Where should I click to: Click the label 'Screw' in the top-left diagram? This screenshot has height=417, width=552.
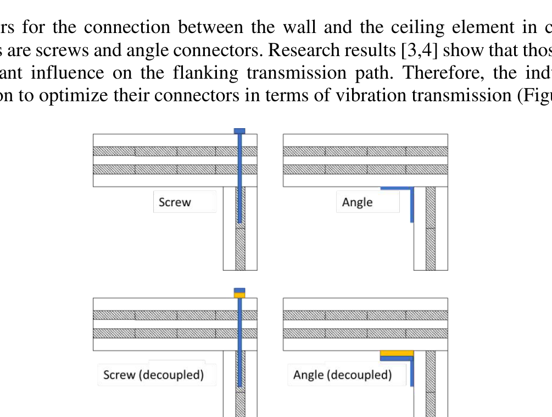tap(175, 202)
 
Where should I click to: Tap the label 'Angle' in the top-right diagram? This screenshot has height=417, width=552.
tap(357, 202)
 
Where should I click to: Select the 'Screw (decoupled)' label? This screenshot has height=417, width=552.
tap(153, 375)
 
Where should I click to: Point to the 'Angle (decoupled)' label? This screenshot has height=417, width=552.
tap(342, 375)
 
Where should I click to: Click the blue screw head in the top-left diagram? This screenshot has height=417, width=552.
tap(239, 131)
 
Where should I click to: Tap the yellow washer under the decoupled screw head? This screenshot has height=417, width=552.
tap(239, 295)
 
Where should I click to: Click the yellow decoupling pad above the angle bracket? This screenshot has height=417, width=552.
tap(396, 353)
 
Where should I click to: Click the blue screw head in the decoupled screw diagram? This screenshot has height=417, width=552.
tap(239, 290)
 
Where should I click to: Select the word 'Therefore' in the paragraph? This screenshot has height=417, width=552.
tap(420, 73)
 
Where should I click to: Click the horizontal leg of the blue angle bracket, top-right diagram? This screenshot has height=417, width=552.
tap(395, 189)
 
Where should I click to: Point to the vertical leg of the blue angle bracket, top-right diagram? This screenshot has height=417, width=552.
tap(411, 205)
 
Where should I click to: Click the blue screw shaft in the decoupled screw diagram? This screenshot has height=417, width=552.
tap(239, 341)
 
